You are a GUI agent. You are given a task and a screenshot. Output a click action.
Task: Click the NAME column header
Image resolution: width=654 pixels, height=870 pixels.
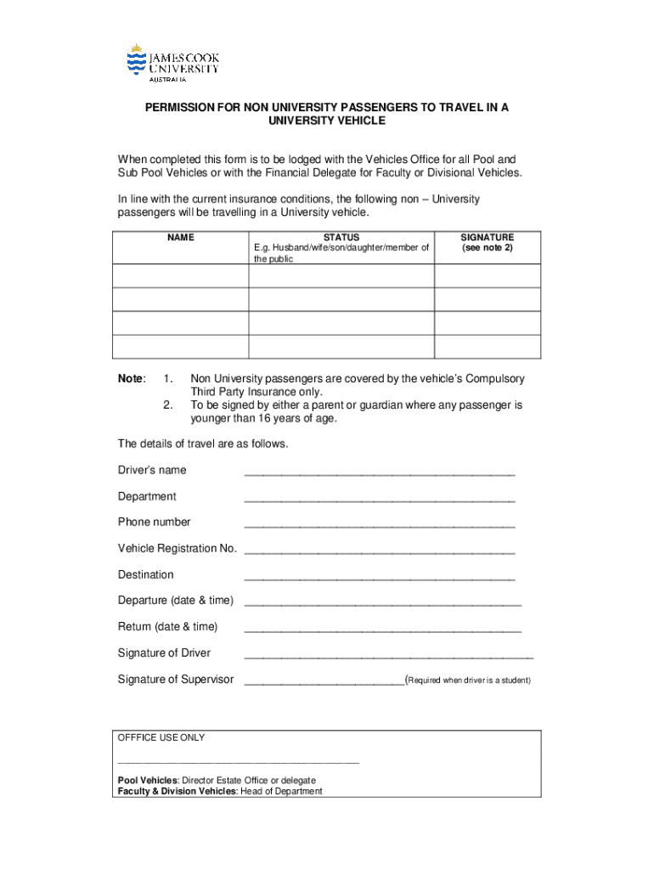point(180,238)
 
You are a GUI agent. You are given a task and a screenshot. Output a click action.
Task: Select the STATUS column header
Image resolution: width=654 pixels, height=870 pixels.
point(341,238)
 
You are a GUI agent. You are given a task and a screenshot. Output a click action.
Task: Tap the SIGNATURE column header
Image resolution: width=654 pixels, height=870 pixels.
point(487,238)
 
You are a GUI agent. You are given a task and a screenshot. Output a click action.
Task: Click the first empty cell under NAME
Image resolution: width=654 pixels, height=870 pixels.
point(180,276)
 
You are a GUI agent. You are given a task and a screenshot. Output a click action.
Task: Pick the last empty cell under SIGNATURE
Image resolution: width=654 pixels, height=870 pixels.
point(487,347)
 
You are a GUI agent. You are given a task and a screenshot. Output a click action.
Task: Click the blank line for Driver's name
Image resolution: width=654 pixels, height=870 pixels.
point(379,472)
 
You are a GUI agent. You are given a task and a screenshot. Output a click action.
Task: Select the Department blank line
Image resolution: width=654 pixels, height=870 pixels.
point(379,498)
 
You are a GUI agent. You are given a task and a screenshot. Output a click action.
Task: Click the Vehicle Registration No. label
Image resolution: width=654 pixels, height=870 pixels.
point(177,549)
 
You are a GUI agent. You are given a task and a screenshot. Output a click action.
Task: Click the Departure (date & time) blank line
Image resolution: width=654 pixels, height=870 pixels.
point(382,602)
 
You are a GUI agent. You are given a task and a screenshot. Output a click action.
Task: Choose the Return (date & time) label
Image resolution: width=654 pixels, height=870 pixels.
point(167,627)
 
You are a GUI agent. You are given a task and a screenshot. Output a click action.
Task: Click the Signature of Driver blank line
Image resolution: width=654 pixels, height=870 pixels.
point(388,655)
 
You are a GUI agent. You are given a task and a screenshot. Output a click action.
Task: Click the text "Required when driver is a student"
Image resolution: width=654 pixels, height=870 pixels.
point(469,681)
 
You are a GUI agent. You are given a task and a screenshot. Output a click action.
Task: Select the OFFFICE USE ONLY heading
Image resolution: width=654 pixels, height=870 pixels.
point(161,737)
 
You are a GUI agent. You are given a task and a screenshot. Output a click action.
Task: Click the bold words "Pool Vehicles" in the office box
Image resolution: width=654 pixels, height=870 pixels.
point(147,780)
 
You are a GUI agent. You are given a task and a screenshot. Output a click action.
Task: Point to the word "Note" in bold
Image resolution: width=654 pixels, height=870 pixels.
point(131,378)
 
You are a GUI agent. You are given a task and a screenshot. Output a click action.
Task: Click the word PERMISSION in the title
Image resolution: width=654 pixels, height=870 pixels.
point(191,108)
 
